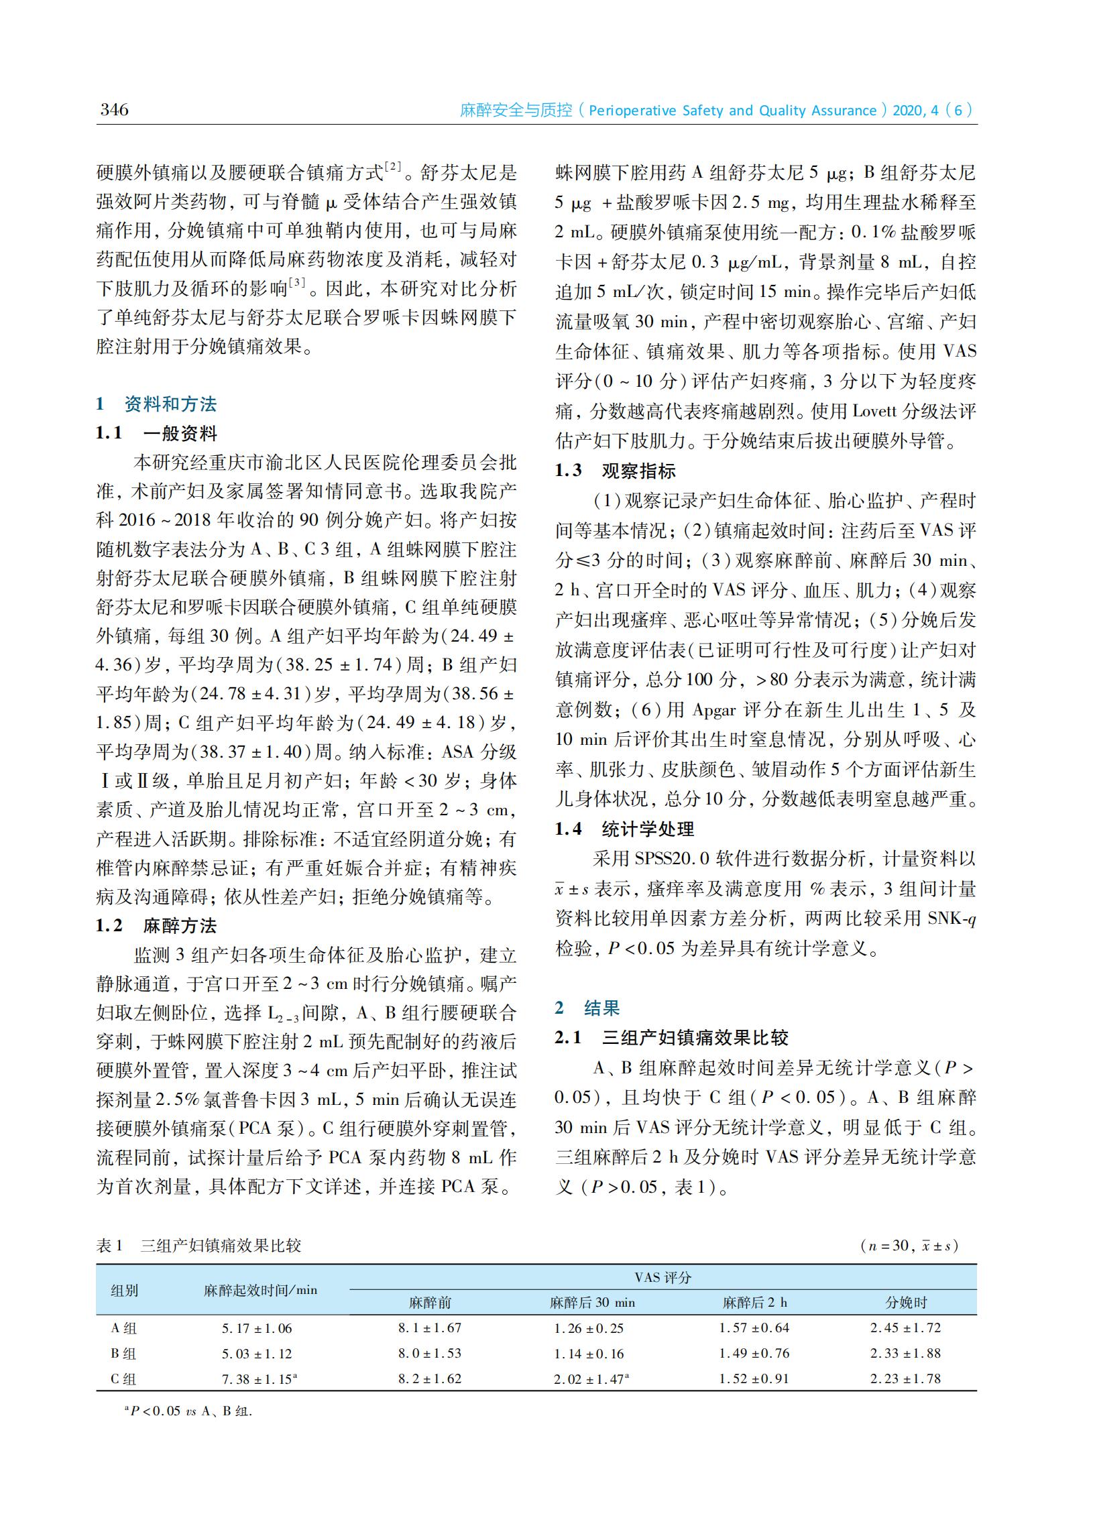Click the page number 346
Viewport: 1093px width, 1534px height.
114,110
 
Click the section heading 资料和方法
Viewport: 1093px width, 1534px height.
170,404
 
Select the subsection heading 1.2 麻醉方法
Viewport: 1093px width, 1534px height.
156,927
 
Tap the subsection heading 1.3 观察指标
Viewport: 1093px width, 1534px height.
615,471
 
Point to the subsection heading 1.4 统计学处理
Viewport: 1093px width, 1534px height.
624,829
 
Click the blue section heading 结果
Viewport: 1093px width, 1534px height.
601,1008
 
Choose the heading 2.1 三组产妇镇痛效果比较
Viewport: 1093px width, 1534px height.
671,1037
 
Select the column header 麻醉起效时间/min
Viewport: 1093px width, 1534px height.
260,1290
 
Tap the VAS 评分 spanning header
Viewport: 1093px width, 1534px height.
663,1277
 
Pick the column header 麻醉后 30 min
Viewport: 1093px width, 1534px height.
592,1303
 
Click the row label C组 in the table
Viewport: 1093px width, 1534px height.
123,1378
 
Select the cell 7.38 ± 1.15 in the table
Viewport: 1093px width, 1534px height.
259,1379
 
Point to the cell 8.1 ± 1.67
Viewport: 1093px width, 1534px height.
429,1328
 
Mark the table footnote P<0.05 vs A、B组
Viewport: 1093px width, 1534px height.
188,1411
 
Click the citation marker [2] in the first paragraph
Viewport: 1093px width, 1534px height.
392,167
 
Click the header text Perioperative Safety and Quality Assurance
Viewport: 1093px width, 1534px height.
732,111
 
